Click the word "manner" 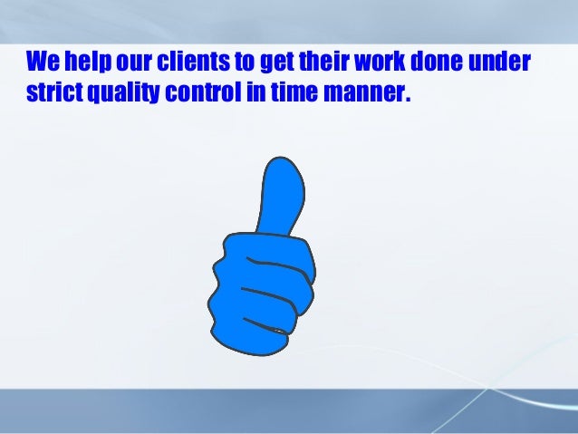coord(359,94)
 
